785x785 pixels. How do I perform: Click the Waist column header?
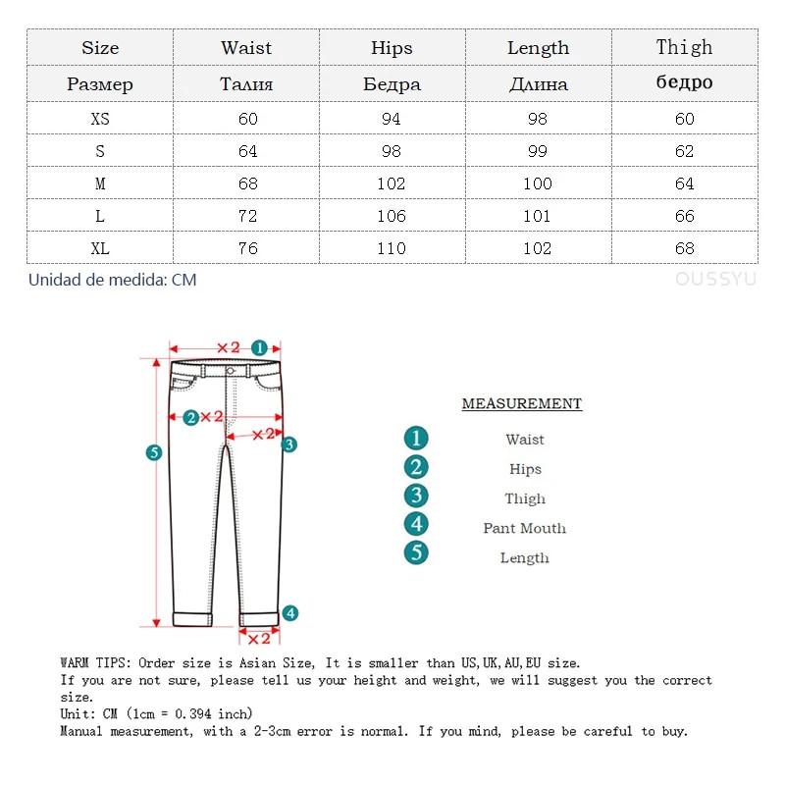[x=246, y=47]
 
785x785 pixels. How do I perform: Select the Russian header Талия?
[x=246, y=83]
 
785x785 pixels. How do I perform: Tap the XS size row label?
[x=100, y=119]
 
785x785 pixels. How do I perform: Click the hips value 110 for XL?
[x=392, y=248]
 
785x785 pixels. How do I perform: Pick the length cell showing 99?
[x=538, y=151]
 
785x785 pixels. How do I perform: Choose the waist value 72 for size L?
[x=247, y=216]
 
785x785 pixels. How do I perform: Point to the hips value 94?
[x=392, y=119]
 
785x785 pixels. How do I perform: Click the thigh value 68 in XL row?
[x=684, y=248]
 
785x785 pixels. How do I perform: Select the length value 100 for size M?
[x=538, y=183]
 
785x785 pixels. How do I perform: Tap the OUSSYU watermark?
[x=715, y=280]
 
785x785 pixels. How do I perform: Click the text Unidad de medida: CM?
[x=112, y=280]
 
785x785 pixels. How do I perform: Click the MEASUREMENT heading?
[x=522, y=404]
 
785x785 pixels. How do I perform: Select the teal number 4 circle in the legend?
[x=417, y=524]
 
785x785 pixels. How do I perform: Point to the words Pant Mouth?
[x=524, y=528]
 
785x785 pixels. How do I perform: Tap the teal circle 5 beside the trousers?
[x=153, y=452]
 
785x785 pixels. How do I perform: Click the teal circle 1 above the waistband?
[x=259, y=347]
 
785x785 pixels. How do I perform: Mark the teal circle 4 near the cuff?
[x=289, y=613]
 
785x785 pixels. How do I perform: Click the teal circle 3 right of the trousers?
[x=288, y=445]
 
